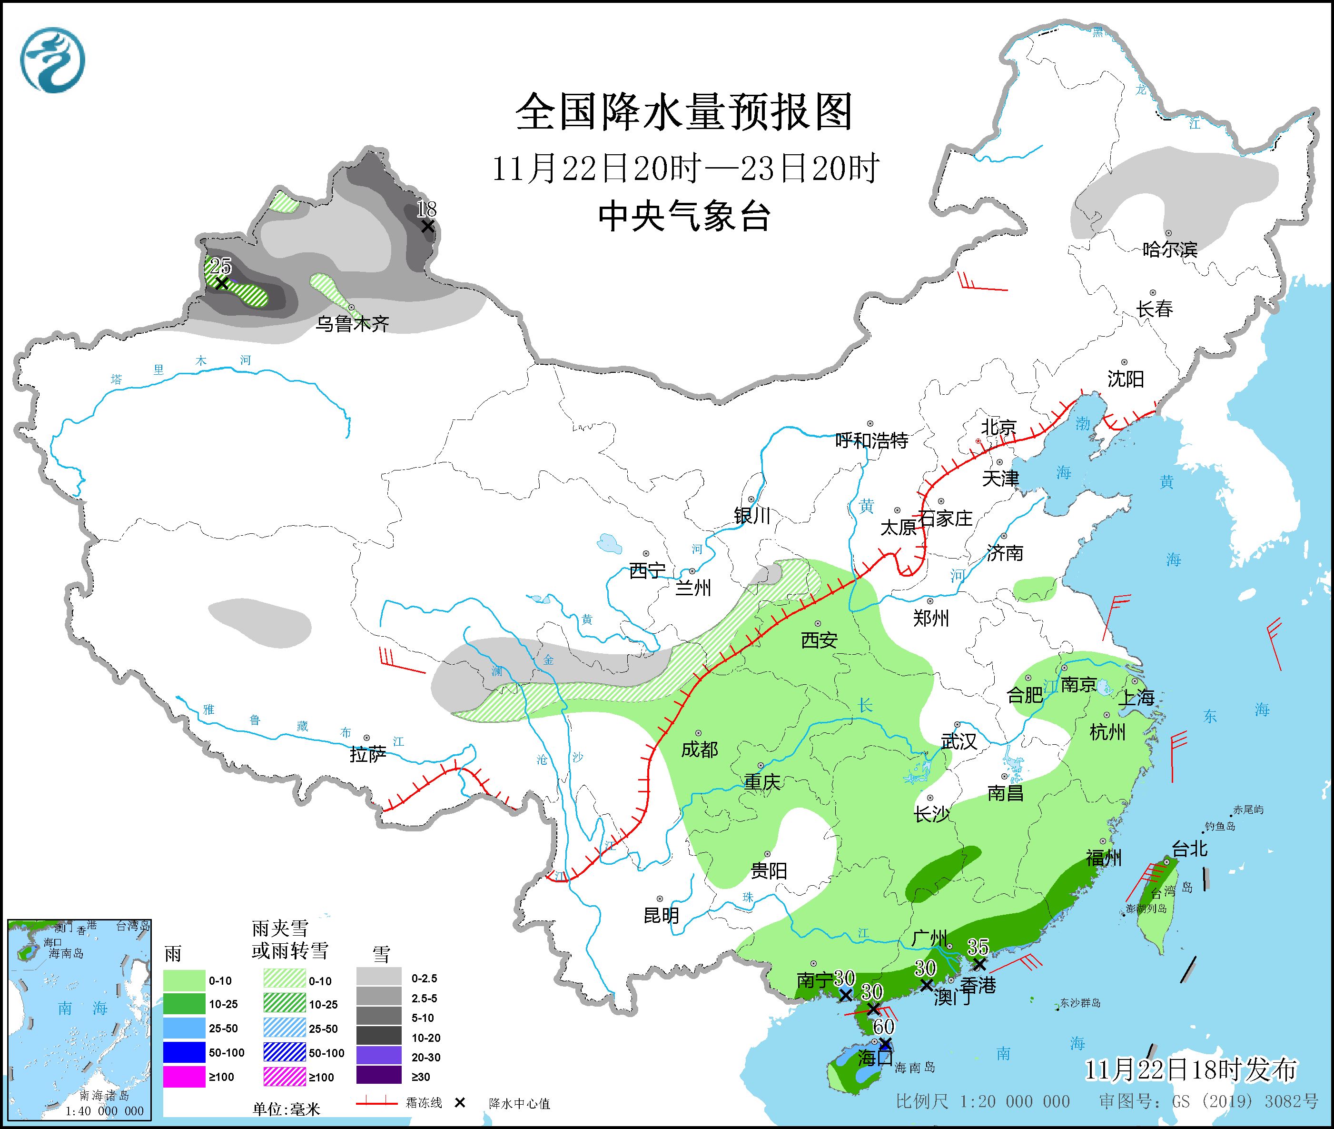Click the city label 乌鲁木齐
pyautogui.click(x=353, y=324)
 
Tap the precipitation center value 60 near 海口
pyautogui.click(x=884, y=1026)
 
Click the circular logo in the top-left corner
pyautogui.click(x=52, y=60)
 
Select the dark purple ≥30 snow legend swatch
pyautogui.click(x=379, y=1077)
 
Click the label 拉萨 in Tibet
pyautogui.click(x=368, y=755)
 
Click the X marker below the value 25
pyautogui.click(x=221, y=282)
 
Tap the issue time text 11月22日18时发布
pyautogui.click(x=1191, y=1069)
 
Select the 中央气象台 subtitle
pyautogui.click(x=684, y=216)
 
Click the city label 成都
pyautogui.click(x=699, y=749)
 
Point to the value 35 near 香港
pyautogui.click(x=978, y=946)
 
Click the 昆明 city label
pyautogui.click(x=661, y=916)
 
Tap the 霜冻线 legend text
pyautogui.click(x=424, y=1103)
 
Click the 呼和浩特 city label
pyautogui.click(x=871, y=440)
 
